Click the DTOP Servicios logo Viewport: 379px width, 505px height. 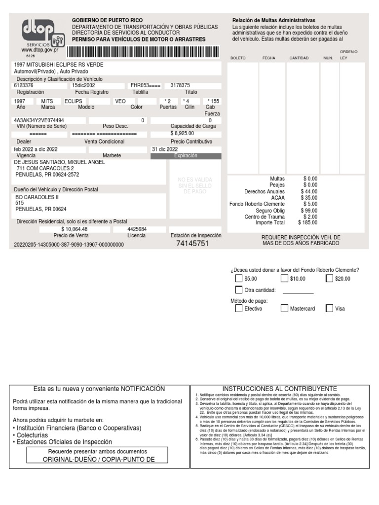43,35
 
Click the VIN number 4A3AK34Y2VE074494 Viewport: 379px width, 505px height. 39,120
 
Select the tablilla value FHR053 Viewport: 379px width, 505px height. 145,85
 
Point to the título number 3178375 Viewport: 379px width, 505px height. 180,85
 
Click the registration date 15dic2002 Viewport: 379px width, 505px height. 83,85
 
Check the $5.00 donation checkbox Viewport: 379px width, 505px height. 239,279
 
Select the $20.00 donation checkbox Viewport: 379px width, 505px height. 330,279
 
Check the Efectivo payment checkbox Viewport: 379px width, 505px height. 239,309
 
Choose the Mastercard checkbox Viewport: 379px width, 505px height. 285,309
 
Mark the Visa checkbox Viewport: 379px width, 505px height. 330,309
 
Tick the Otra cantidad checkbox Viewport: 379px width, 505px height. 239,290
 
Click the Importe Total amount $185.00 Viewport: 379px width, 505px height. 310,223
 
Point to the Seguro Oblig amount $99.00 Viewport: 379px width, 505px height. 310,210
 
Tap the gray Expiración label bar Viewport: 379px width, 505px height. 186,156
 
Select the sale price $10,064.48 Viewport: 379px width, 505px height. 75,229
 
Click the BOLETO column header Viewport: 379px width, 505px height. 238,58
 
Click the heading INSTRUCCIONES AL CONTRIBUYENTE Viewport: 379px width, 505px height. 279,389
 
